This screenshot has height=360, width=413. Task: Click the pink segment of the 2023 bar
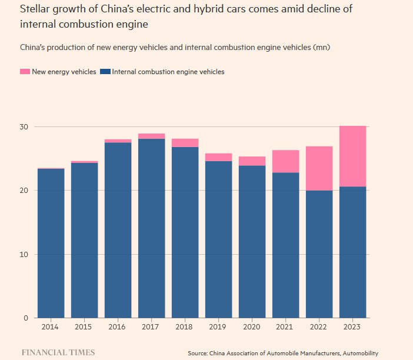coord(353,156)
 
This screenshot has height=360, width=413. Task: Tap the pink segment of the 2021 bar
coord(286,161)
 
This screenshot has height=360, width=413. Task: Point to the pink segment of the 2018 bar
coord(185,143)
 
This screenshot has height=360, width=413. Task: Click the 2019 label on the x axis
coord(219,326)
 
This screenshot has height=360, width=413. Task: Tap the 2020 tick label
coord(252,326)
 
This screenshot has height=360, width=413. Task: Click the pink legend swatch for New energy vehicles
coord(25,72)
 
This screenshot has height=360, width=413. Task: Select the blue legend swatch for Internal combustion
coord(105,72)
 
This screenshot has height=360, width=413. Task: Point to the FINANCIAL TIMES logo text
coord(58,352)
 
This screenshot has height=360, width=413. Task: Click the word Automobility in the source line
coord(358,353)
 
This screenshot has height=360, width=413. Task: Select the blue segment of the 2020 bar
coord(252,242)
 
